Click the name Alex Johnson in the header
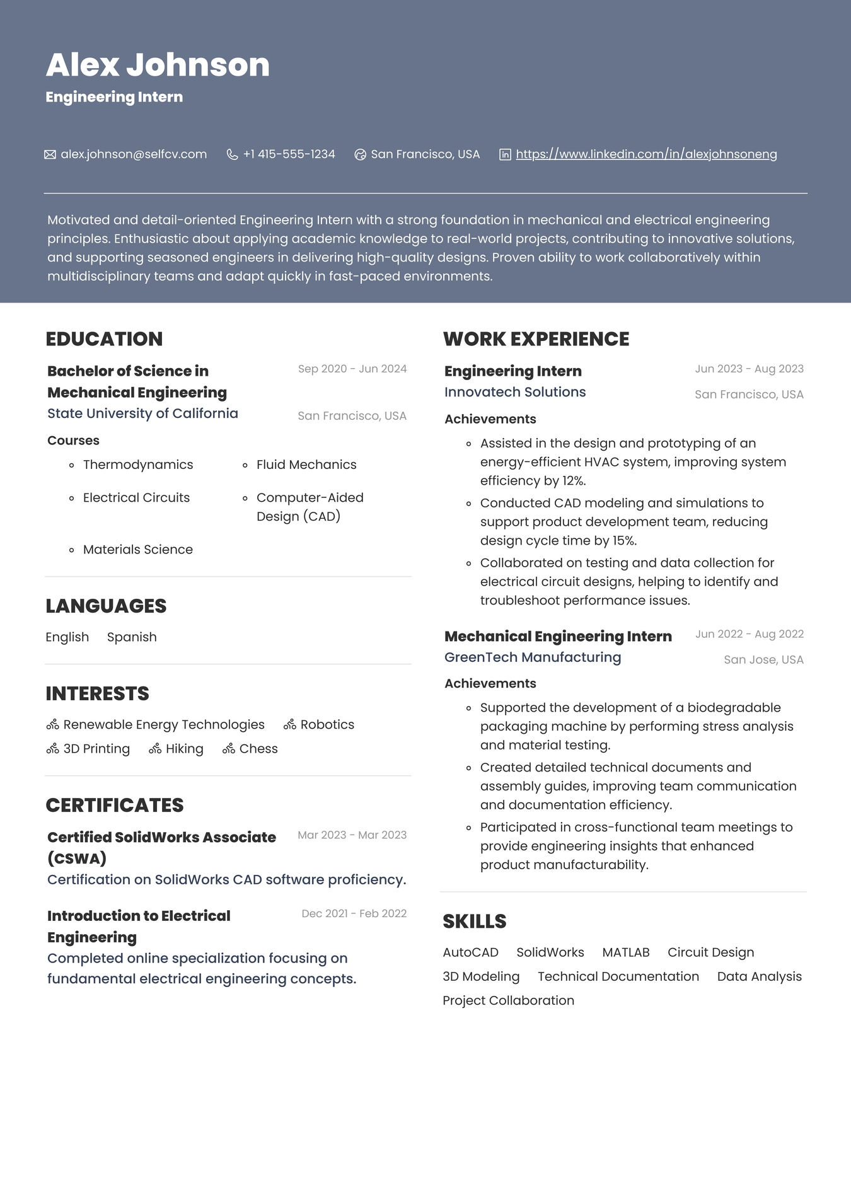[158, 66]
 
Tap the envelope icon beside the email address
[50, 154]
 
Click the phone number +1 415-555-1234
[289, 154]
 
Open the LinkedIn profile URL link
[646, 154]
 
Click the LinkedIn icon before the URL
[505, 154]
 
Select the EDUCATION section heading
[104, 339]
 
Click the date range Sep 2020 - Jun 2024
[352, 369]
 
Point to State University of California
[142, 413]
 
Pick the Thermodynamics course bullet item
[137, 465]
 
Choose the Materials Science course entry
[137, 550]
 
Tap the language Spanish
[132, 637]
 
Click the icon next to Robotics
[290, 725]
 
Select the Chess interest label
[258, 749]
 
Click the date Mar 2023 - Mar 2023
[352, 835]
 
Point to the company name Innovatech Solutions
[515, 392]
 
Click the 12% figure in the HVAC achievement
[573, 481]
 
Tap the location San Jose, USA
[763, 660]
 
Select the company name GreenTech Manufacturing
[533, 657]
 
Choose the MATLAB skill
[625, 952]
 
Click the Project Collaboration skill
[508, 1000]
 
